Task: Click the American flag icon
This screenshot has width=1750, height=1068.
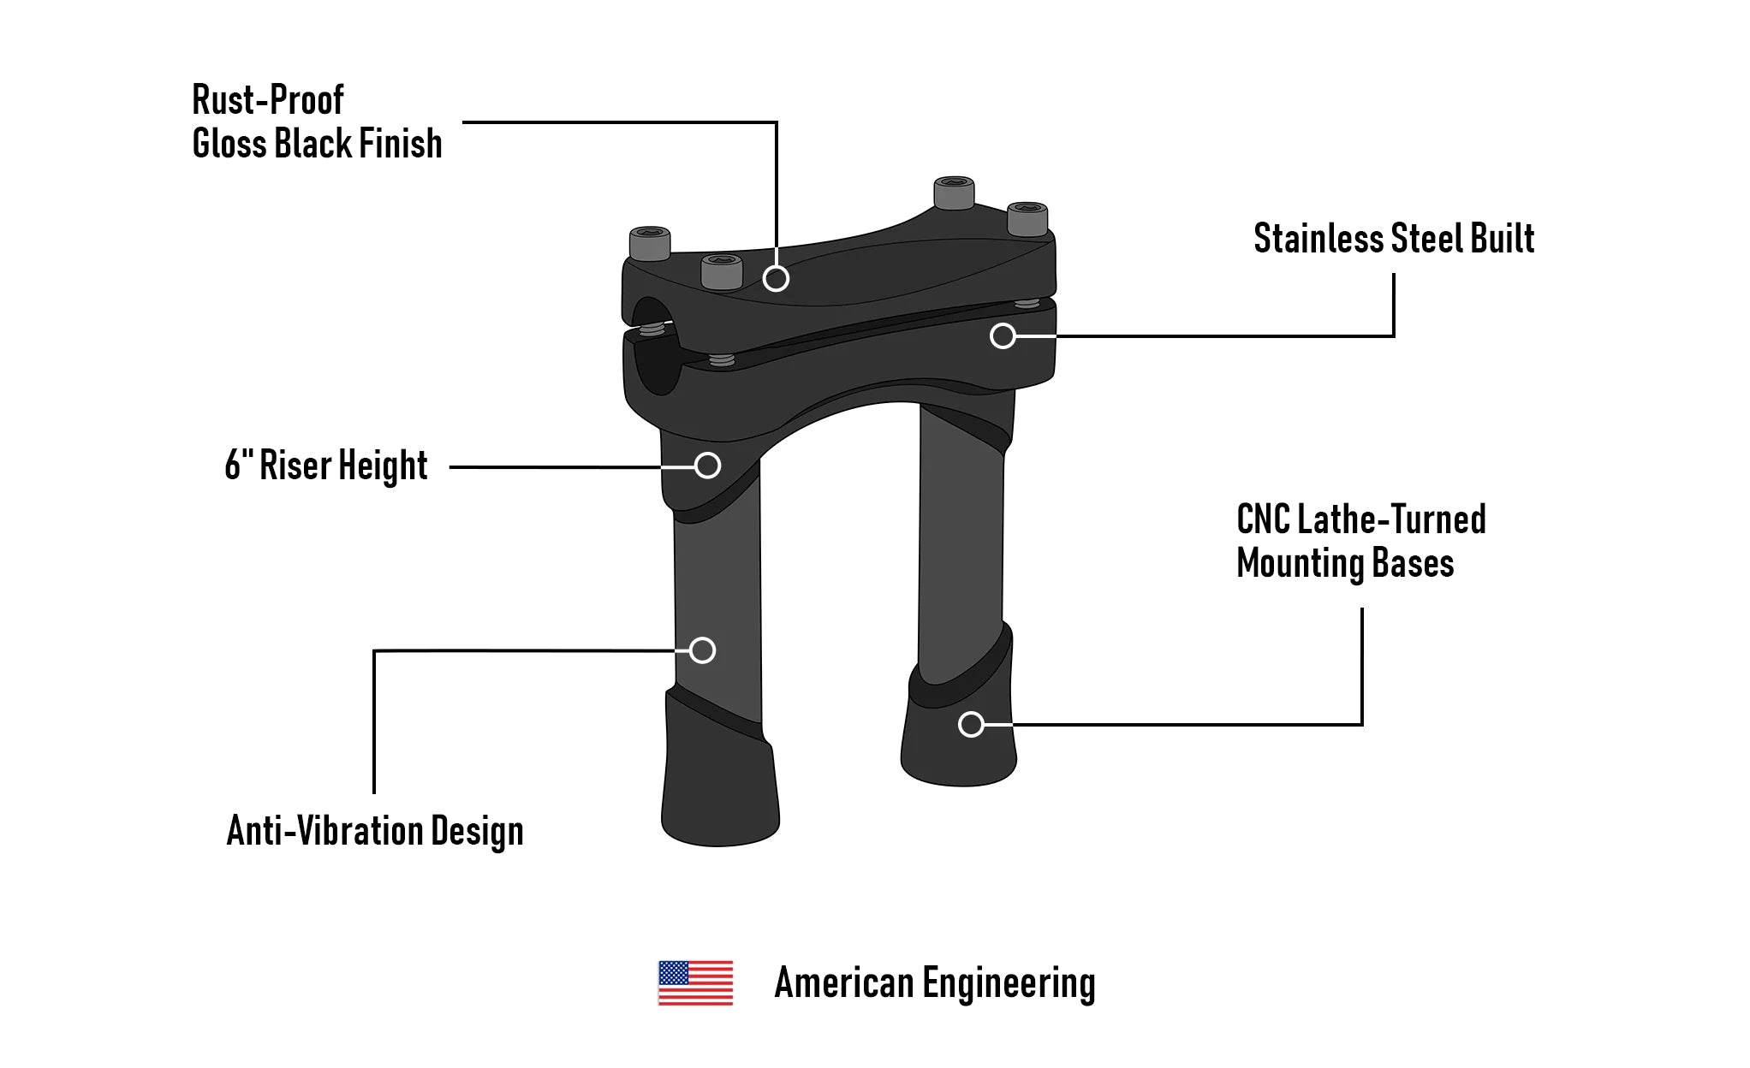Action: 695,982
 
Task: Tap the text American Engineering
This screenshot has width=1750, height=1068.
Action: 934,983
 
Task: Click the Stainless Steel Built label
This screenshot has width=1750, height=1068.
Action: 1393,239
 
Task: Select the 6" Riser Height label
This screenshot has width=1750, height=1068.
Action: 325,466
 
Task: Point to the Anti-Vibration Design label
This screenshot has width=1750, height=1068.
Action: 374,831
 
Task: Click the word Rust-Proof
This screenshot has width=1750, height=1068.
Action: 267,100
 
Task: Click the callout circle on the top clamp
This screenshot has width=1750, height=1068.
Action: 776,278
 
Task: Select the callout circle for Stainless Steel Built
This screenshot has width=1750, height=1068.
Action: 1003,335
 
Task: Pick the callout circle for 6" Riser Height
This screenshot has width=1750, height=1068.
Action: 707,466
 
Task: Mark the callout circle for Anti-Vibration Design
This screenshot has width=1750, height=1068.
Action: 702,650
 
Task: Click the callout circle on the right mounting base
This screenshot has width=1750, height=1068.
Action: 971,725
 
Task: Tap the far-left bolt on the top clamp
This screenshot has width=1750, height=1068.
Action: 650,244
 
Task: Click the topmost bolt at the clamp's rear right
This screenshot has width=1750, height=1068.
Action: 954,193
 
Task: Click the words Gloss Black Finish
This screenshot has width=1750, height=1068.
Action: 317,144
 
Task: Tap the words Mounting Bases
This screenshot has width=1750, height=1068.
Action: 1345,564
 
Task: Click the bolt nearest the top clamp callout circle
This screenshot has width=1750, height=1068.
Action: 722,271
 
